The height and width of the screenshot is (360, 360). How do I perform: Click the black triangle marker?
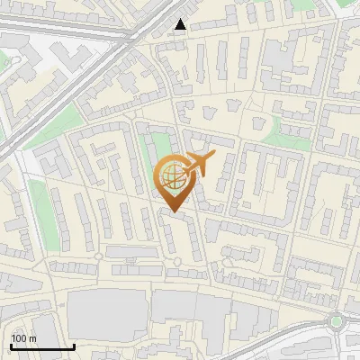181,24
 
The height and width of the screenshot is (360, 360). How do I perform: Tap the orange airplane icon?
200,164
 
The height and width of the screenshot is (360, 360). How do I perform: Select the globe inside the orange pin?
172,176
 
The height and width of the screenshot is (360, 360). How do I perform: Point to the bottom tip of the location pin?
173,211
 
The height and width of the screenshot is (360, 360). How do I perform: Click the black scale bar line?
42,346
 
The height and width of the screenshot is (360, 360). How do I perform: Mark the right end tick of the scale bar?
74,345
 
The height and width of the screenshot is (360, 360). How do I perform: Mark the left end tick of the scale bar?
11,345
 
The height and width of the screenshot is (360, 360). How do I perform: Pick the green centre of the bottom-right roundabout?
337,320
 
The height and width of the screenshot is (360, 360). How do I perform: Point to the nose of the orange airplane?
213,158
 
